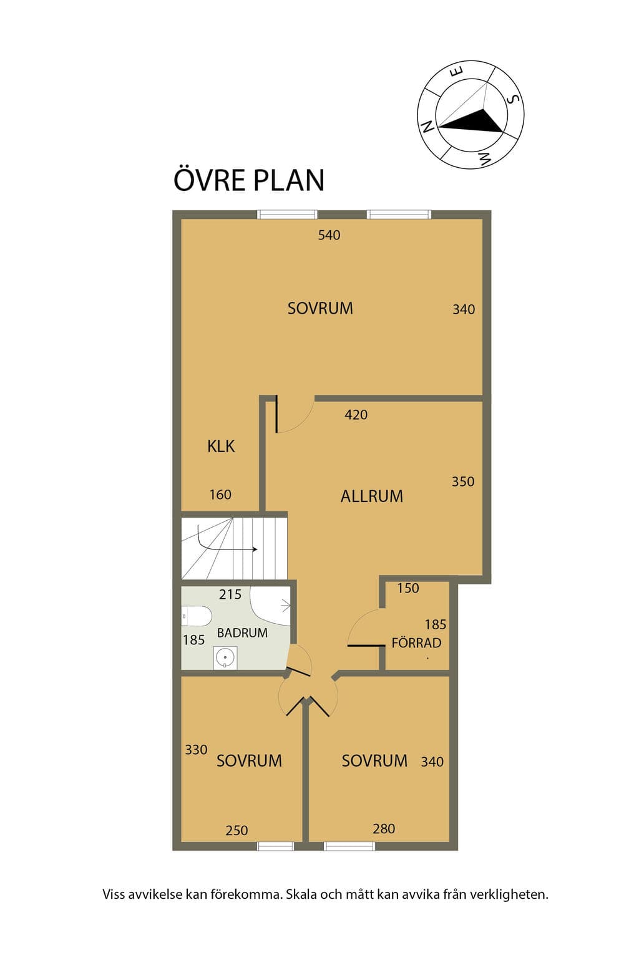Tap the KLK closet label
(x=221, y=447)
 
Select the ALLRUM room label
(x=371, y=496)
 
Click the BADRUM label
(x=242, y=633)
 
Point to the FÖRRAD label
(x=416, y=643)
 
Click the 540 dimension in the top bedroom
(x=329, y=235)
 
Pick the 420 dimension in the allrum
(x=356, y=415)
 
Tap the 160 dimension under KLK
(x=220, y=495)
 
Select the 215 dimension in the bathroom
(x=230, y=594)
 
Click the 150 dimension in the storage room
(x=408, y=589)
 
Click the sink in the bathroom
(x=225, y=657)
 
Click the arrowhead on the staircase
(x=255, y=549)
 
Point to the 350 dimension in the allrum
(x=463, y=482)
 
